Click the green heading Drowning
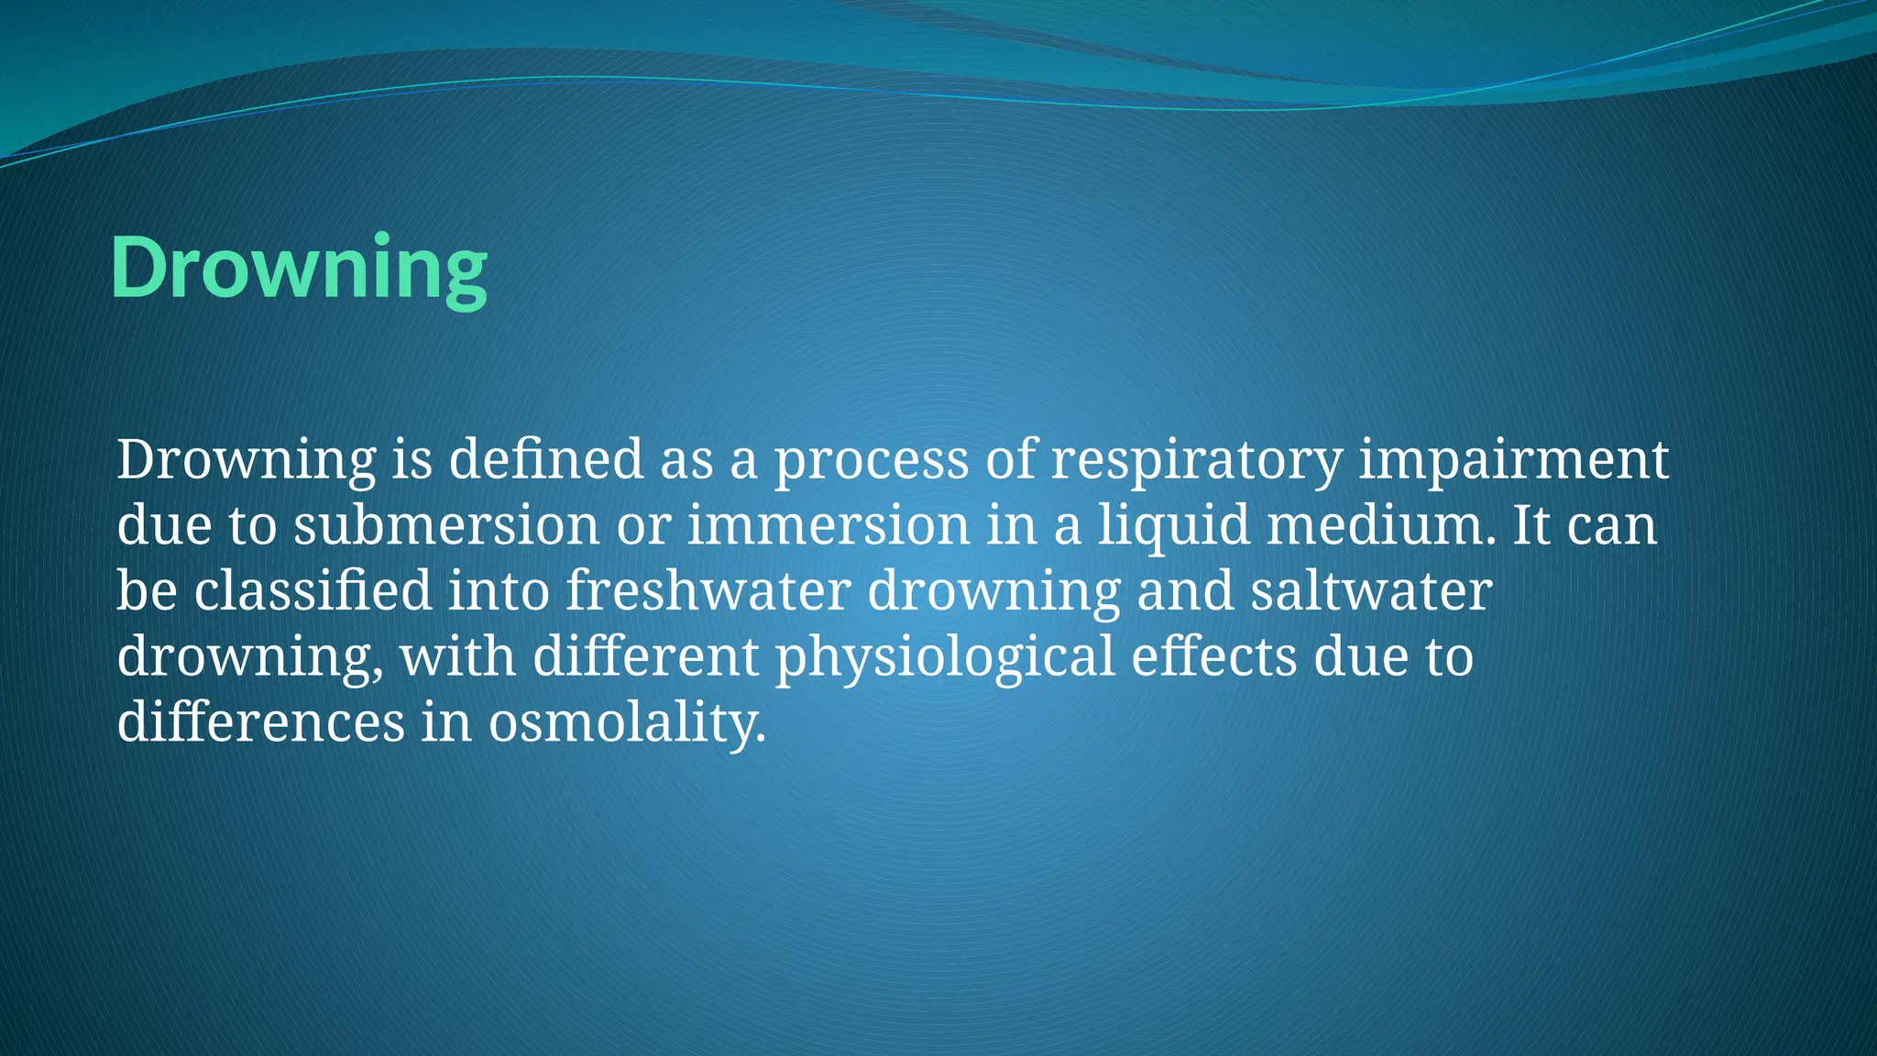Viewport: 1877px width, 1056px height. (299, 268)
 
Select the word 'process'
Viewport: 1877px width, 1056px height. (872, 459)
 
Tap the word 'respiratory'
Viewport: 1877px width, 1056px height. (1196, 459)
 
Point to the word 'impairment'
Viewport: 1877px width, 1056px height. (1513, 459)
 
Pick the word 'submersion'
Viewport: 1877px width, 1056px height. (446, 525)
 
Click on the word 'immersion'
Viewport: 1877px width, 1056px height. (829, 525)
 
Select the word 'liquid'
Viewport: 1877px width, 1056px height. (1174, 525)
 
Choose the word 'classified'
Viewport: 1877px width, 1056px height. (313, 591)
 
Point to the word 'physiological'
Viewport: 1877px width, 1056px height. (945, 657)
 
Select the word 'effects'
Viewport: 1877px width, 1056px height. (1214, 657)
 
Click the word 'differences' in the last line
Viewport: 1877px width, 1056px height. (260, 722)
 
